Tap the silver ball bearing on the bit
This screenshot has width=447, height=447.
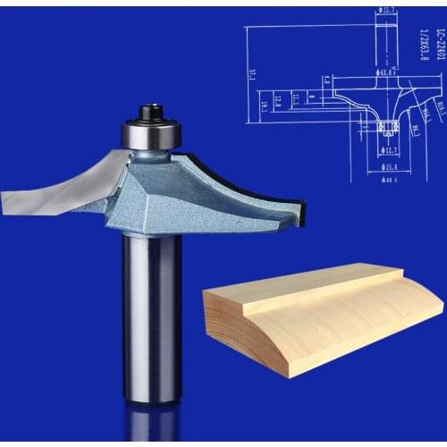pyautogui.click(x=151, y=134)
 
